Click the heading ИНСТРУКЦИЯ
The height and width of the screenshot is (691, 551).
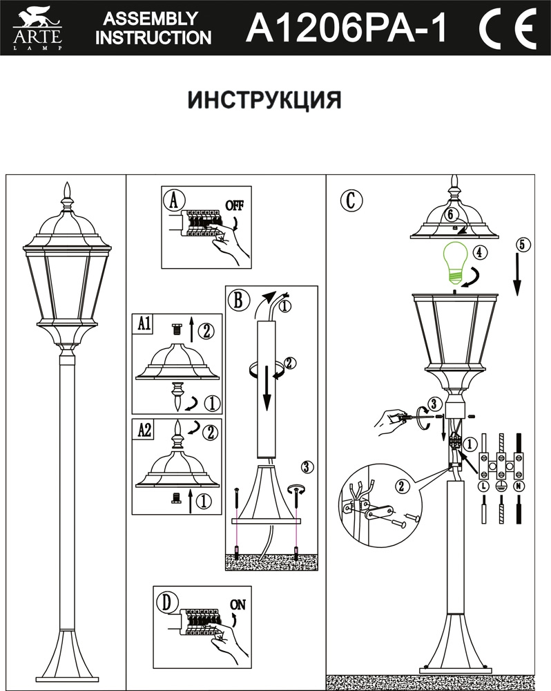(x=264, y=101)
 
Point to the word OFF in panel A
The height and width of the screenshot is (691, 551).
(x=235, y=206)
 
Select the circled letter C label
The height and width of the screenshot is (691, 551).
(x=351, y=200)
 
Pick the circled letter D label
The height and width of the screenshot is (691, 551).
(x=164, y=602)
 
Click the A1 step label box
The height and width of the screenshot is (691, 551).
(x=145, y=323)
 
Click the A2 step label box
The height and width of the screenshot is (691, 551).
(x=145, y=429)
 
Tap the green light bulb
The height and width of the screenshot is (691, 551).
(x=454, y=261)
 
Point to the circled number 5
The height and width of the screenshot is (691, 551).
(x=523, y=244)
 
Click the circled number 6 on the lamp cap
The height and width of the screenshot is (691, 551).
(x=450, y=214)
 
